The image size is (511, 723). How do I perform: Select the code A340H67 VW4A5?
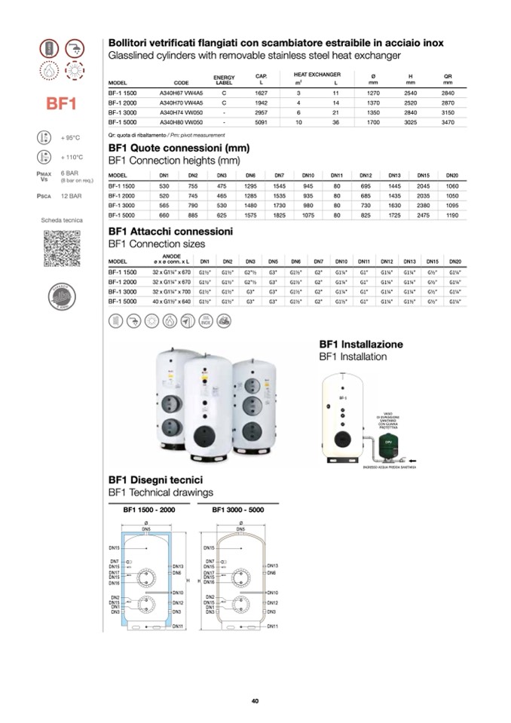click(x=181, y=93)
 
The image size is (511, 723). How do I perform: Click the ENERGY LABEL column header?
click(x=225, y=80)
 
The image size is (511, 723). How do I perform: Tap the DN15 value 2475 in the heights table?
click(x=423, y=215)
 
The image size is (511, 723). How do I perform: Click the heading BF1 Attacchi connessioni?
click(x=170, y=231)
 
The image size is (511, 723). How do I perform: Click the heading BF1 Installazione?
click(x=361, y=344)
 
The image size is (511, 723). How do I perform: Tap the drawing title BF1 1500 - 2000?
click(x=149, y=510)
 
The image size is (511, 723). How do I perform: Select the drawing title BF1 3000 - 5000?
click(x=239, y=510)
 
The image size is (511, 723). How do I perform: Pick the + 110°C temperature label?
click(x=71, y=158)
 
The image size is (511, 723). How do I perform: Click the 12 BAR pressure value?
click(x=71, y=195)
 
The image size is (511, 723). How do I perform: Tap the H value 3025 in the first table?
click(x=411, y=121)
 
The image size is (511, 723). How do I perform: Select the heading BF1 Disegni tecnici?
click(x=155, y=479)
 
